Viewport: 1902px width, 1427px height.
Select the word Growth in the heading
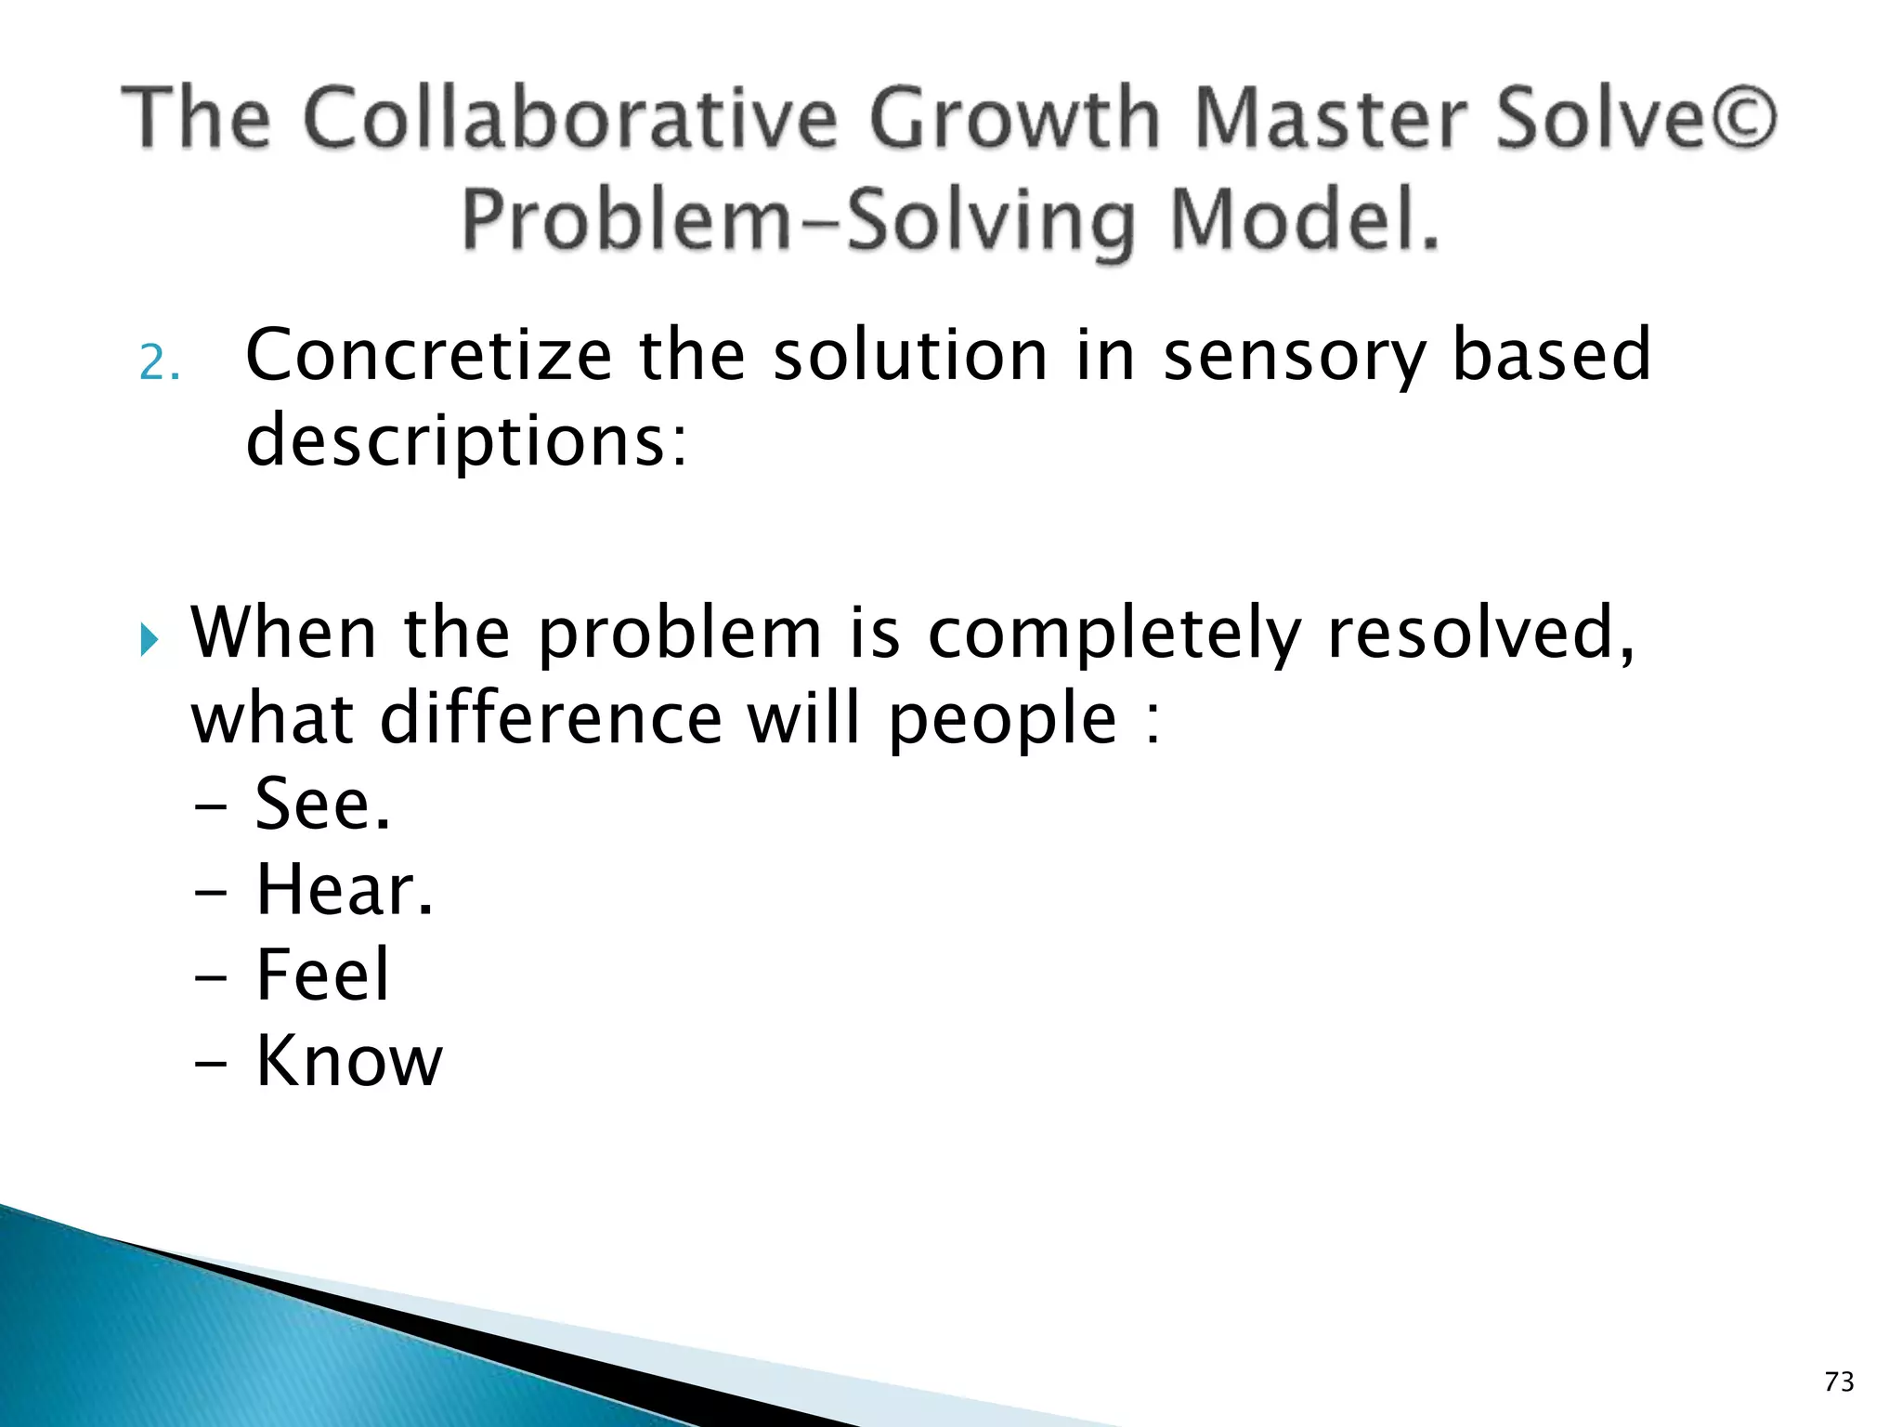click(x=1015, y=118)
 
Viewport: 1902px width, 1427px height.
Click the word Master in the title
click(x=1331, y=118)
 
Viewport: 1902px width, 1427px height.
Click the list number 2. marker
click(x=159, y=362)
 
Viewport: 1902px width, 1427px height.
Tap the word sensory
click(x=1294, y=357)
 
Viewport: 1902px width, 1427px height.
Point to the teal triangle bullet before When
click(x=150, y=639)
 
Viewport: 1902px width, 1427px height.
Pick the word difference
click(x=550, y=719)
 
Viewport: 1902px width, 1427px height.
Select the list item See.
click(x=322, y=805)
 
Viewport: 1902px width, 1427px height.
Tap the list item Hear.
click(x=345, y=890)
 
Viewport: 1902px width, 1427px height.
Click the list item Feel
click(x=322, y=975)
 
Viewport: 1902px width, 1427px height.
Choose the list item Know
click(x=349, y=1061)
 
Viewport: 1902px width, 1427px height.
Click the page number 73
click(x=1839, y=1382)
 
